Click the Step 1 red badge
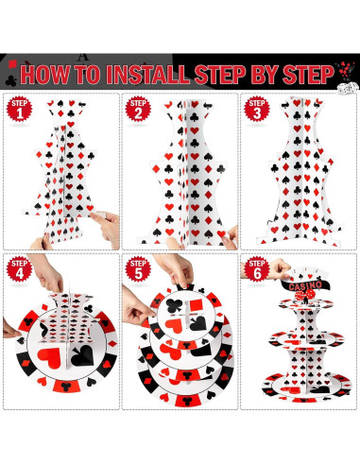pyautogui.click(x=20, y=109)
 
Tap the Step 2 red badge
pyautogui.click(x=138, y=109)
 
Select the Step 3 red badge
pyautogui.click(x=257, y=109)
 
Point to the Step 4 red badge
pyautogui.click(x=20, y=269)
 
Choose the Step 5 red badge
pyautogui.click(x=138, y=269)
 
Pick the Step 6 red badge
pyautogui.click(x=257, y=269)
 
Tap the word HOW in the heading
pyautogui.click(x=45, y=75)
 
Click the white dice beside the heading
pyautogui.click(x=348, y=88)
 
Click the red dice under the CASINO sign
pyautogui.click(x=304, y=295)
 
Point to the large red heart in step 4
pyautogui.click(x=49, y=358)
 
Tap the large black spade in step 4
pyautogui.click(x=82, y=356)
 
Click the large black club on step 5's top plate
pyautogui.click(x=174, y=305)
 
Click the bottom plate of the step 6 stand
pyautogui.click(x=306, y=387)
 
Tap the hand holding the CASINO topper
pyautogui.click(x=277, y=269)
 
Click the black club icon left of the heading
pyautogui.click(x=11, y=81)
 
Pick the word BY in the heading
pyautogui.click(x=264, y=75)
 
